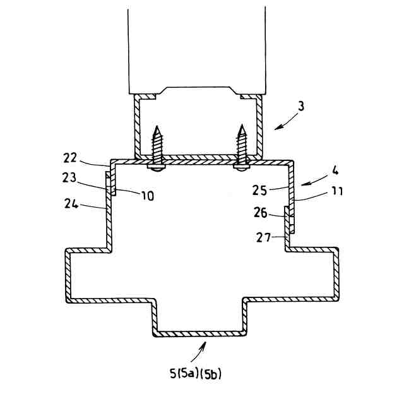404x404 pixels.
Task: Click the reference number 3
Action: pos(301,105)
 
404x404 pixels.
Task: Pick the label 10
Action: pos(146,196)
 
